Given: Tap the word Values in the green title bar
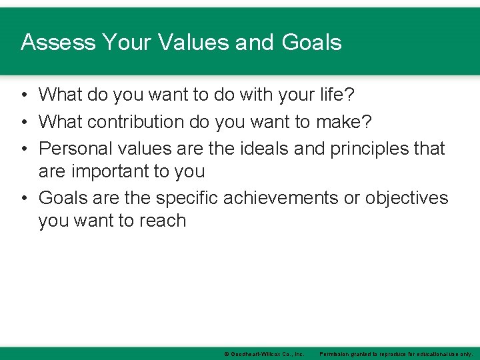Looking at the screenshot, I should (x=194, y=43).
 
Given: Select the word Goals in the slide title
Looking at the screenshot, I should (x=311, y=43).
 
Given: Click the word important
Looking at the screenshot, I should (x=111, y=171).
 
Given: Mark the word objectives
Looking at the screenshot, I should (x=407, y=198).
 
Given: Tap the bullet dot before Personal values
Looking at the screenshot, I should (x=24, y=148).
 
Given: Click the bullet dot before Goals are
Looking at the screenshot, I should (x=24, y=198).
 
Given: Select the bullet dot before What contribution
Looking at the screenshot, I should (x=24, y=122).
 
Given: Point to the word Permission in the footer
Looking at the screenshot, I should (x=335, y=354).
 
